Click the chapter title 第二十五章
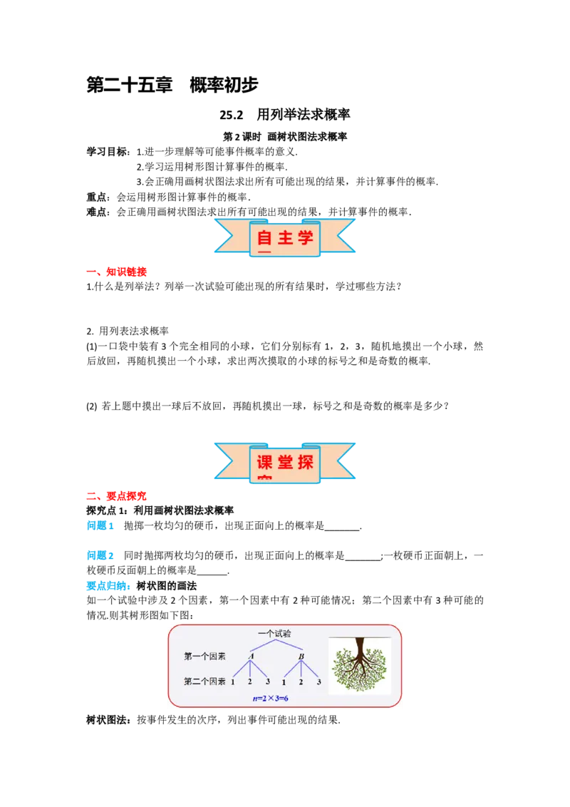(129, 85)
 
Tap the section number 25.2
(232, 114)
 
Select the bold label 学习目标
(106, 152)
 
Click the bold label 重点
(96, 197)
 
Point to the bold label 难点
(96, 212)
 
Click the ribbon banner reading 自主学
(285, 237)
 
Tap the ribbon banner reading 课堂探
(285, 462)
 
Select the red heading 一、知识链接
(117, 272)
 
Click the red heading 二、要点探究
(117, 496)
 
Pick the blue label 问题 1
(100, 525)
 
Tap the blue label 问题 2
(100, 555)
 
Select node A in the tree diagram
(251, 656)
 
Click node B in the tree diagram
(301, 656)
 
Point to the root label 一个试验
(274, 634)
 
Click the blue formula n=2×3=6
(271, 699)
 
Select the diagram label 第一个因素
(204, 656)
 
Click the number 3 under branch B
(319, 682)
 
